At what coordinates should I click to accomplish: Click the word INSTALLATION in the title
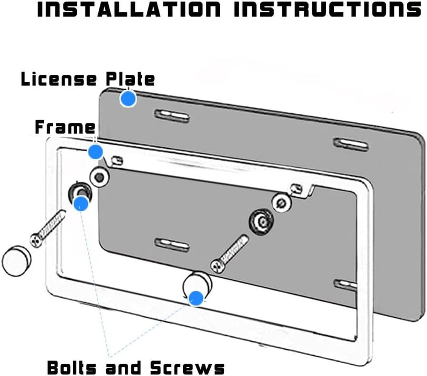[x=129, y=9]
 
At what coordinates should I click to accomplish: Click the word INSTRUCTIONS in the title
[x=327, y=9]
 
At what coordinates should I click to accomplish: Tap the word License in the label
[x=59, y=79]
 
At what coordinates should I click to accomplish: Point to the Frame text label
[x=65, y=127]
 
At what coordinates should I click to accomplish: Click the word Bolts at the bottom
[x=72, y=367]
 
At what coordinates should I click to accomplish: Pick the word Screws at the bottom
[x=188, y=367]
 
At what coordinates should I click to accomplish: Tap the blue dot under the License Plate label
[x=128, y=99]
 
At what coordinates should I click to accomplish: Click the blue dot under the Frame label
[x=96, y=152]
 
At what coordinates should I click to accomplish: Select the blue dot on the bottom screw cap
[x=196, y=299]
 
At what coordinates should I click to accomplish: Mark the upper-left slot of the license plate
[x=172, y=115]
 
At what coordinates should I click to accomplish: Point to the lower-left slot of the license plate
[x=172, y=245]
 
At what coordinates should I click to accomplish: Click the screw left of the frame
[x=48, y=229]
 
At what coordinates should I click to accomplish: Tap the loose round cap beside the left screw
[x=17, y=261]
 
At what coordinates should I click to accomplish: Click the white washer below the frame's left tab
[x=99, y=177]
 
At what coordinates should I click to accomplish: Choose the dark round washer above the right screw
[x=261, y=222]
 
